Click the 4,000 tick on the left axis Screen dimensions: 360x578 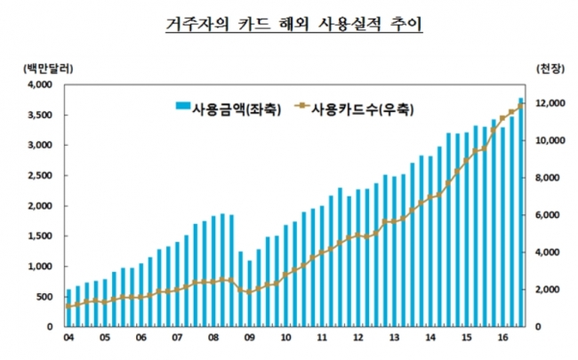(x=40, y=85)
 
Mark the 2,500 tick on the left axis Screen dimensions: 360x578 (x=40, y=176)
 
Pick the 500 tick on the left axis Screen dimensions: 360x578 (x=45, y=297)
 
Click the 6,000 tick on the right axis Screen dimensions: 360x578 (x=548, y=215)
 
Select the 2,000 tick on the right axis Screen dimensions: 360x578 (x=548, y=290)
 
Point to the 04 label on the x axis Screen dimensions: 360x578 (x=68, y=339)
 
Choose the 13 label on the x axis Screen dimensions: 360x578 (x=393, y=339)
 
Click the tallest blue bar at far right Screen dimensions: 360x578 (x=521, y=213)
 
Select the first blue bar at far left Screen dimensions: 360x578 (x=68, y=308)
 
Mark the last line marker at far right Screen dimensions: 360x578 (x=521, y=105)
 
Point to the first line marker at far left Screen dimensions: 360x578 (x=68, y=307)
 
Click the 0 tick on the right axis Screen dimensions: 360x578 (x=539, y=327)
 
